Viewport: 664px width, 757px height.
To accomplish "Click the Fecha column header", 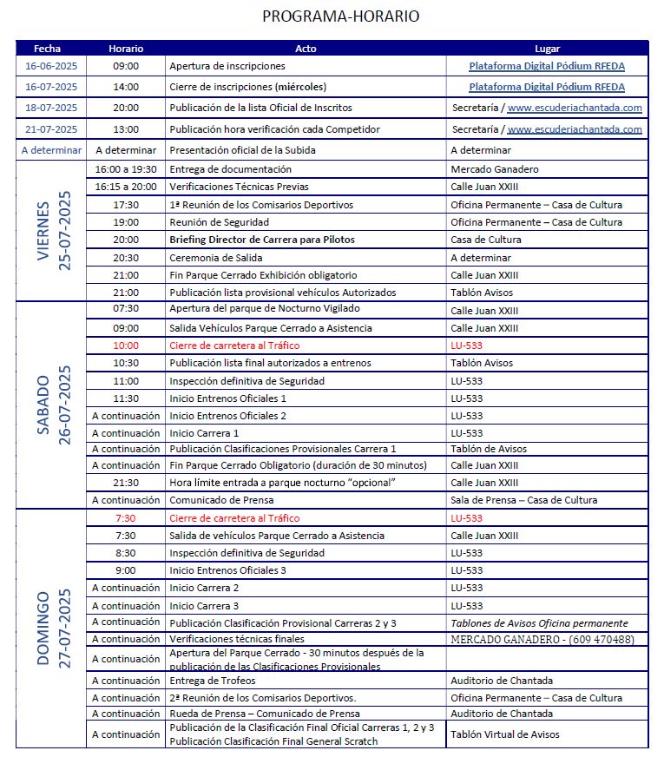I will click(x=48, y=49).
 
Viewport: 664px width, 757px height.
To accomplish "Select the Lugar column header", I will click(x=547, y=49).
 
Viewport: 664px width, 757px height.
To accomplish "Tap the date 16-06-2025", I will click(x=51, y=66).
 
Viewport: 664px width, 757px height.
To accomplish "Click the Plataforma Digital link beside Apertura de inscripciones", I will click(x=547, y=66).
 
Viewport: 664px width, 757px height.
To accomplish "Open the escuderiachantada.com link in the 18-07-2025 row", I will click(x=574, y=109).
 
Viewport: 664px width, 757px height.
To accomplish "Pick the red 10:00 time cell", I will click(x=126, y=345).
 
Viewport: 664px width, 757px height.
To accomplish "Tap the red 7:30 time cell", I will click(x=126, y=518).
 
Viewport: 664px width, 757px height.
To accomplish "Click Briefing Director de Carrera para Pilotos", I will click(x=262, y=240).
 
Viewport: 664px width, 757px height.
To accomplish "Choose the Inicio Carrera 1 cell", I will click(x=204, y=433).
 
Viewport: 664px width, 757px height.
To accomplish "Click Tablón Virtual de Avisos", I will click(x=505, y=734).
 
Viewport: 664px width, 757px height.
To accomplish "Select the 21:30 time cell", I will click(x=126, y=483).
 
